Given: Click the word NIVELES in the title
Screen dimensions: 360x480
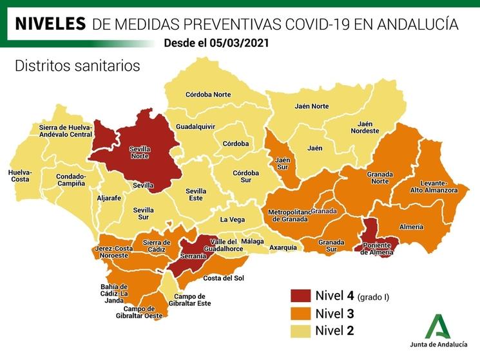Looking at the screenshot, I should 50,24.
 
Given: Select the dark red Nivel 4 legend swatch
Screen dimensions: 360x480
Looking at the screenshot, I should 300,297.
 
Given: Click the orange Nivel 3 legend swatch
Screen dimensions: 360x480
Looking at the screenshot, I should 300,314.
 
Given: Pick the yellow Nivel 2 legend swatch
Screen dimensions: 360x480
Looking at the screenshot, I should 300,331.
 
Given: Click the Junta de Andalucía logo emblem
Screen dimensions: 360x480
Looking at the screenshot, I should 438,327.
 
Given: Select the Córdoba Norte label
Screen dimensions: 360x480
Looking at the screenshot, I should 208,95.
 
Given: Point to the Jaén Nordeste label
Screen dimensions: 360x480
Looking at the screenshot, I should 365,128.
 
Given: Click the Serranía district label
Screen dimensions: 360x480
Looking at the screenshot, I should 194,256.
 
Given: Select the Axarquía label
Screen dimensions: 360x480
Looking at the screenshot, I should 283,247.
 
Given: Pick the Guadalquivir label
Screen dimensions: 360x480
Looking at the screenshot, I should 195,127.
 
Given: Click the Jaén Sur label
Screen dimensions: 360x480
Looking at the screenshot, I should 282,164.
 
